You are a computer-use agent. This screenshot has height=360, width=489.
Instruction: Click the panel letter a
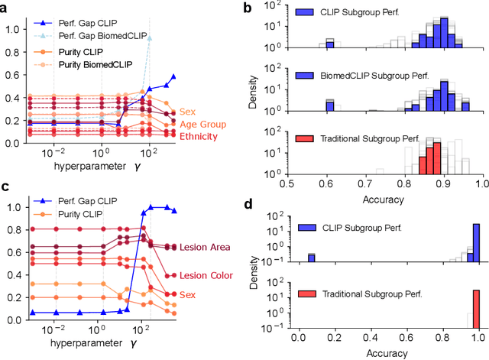point(5,8)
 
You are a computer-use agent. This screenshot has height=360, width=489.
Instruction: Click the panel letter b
point(254,8)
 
